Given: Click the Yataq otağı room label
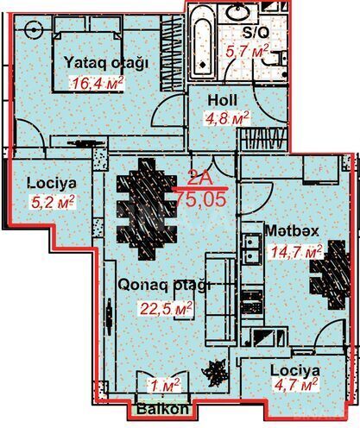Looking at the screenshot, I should (x=106, y=63).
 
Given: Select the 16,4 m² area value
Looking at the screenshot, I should (x=96, y=83).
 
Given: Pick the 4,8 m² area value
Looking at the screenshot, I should (x=226, y=117).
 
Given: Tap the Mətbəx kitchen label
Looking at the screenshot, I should (x=293, y=231).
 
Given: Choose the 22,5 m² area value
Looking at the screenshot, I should (x=165, y=306).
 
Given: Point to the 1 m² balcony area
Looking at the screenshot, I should (x=163, y=385).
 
